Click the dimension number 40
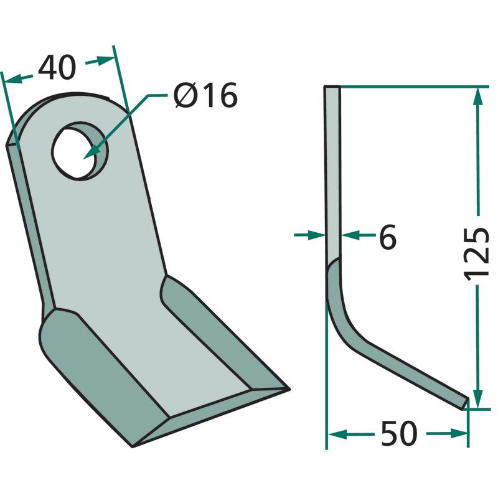tap(57, 67)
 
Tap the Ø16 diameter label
tap(205, 95)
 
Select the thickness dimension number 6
tap(388, 237)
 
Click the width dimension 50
tap(399, 433)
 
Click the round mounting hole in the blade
tap(80, 151)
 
